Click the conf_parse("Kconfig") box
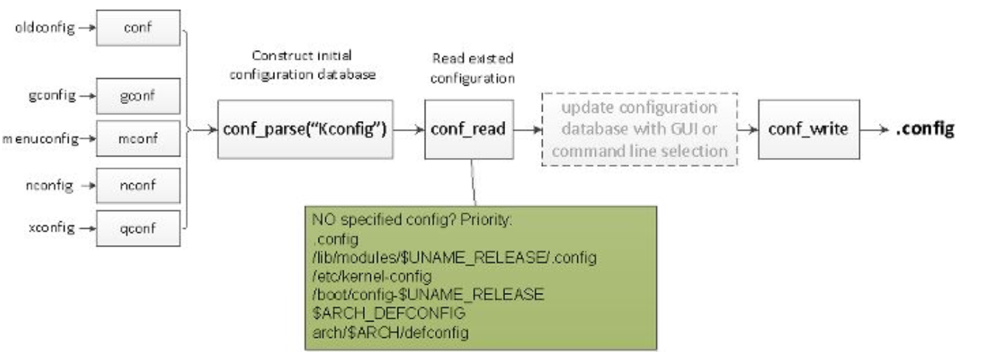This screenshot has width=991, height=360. point(306,130)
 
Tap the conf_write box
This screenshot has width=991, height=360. point(807,130)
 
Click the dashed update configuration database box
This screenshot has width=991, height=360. point(639,130)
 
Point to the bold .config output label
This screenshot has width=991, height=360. point(925,130)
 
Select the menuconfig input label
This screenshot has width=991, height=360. point(36,138)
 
